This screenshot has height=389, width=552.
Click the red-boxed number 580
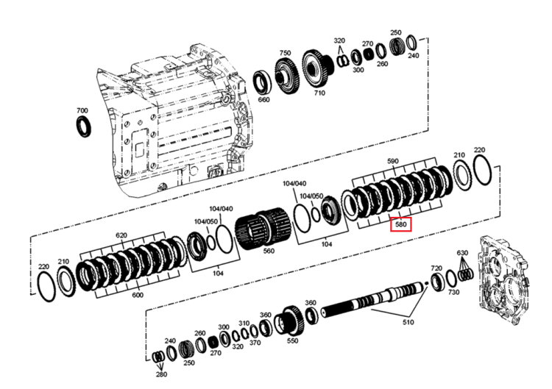click(x=401, y=224)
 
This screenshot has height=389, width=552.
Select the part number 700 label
click(x=82, y=110)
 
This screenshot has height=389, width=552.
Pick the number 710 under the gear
click(x=319, y=93)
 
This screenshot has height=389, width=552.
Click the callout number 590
click(x=392, y=161)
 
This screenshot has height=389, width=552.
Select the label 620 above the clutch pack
click(x=121, y=235)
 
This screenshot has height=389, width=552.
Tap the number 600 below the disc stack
click(x=138, y=295)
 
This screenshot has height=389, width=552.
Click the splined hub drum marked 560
click(x=263, y=228)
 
